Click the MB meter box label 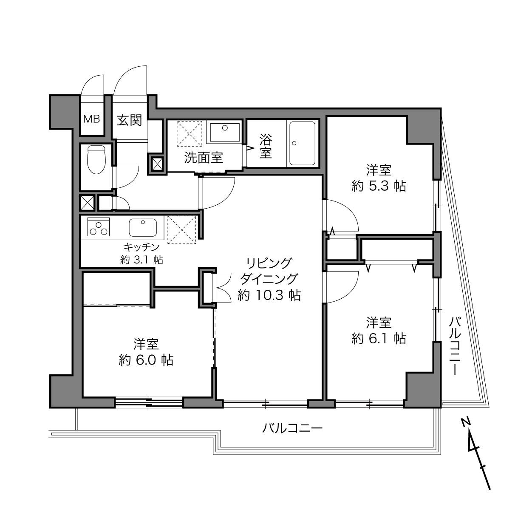pyautogui.click(x=92, y=119)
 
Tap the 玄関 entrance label pyautogui.click(x=129, y=120)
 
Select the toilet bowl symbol pyautogui.click(x=96, y=160)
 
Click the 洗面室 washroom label pyautogui.click(x=204, y=158)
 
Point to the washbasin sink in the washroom pyautogui.click(x=225, y=133)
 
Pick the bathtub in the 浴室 pyautogui.click(x=302, y=144)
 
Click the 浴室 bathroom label pyautogui.click(x=266, y=146)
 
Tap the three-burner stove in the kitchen pyautogui.click(x=98, y=227)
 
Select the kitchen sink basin pyautogui.click(x=143, y=227)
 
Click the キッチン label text pyautogui.click(x=141, y=246)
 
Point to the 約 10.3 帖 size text pyautogui.click(x=269, y=296)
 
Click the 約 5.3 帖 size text pyautogui.click(x=379, y=186)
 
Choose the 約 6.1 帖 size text pyautogui.click(x=379, y=339)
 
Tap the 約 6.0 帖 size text pyautogui.click(x=146, y=360)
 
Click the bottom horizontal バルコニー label pyautogui.click(x=292, y=429)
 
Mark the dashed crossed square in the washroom pyautogui.click(x=190, y=134)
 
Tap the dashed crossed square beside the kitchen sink pyautogui.click(x=182, y=230)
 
